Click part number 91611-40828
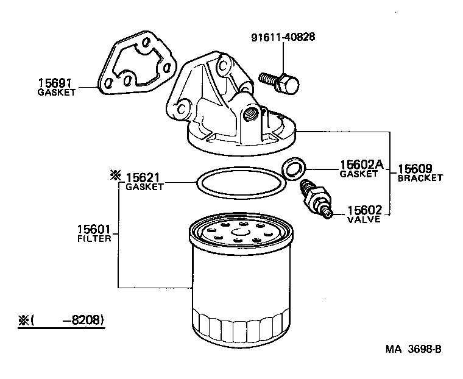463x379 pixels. [283, 38]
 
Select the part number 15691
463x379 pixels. [56, 83]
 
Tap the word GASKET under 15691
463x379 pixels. [56, 93]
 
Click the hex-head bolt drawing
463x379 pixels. [280, 81]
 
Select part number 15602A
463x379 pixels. [361, 165]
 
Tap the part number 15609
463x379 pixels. [415, 169]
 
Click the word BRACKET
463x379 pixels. [420, 178]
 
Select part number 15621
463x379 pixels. [144, 177]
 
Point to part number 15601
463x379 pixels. [93, 230]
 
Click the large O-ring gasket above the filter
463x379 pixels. [240, 181]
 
